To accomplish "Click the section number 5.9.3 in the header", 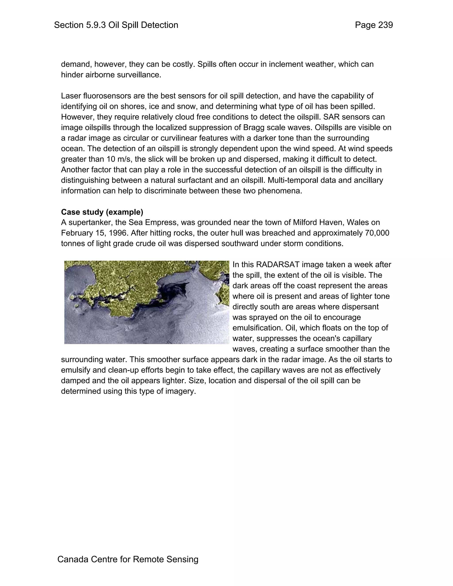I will pos(96,25).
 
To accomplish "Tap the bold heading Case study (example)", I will pos(102,212).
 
